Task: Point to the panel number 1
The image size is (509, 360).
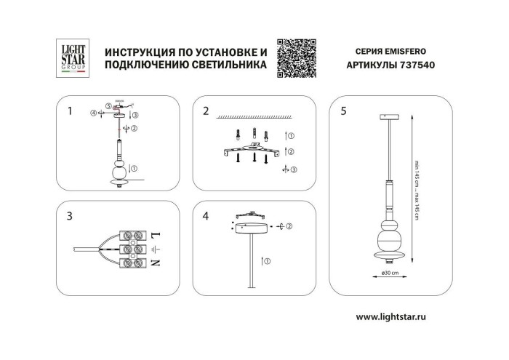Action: (69, 111)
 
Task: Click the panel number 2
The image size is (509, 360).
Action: (206, 111)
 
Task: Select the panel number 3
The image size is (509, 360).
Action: (69, 216)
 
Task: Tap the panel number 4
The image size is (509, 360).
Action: (206, 216)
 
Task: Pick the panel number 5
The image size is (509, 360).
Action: (343, 111)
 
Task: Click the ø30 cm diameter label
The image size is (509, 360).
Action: (390, 273)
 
